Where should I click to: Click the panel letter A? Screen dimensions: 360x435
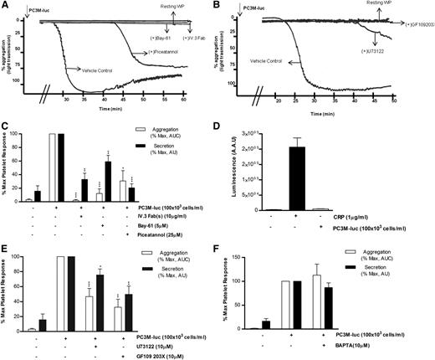(x=6, y=6)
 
